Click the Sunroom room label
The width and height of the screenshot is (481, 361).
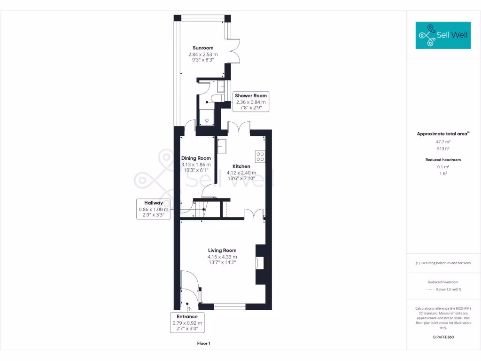(203, 48)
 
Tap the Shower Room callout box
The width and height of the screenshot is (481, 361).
(251, 102)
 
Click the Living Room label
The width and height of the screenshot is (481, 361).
(222, 251)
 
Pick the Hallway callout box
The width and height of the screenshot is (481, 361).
(153, 209)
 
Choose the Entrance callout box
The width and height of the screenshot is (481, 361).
(187, 323)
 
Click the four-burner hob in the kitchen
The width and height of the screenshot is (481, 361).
(260, 156)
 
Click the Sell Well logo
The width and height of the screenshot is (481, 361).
(443, 35)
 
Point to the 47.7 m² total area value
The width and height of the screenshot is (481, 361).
(443, 141)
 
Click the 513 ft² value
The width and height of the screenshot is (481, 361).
(443, 149)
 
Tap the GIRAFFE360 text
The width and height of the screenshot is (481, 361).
(443, 337)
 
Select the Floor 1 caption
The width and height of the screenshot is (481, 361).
(203, 344)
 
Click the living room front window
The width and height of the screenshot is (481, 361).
(230, 306)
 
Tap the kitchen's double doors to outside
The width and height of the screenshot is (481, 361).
(239, 128)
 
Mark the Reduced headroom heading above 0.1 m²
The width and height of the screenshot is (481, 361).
(443, 160)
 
